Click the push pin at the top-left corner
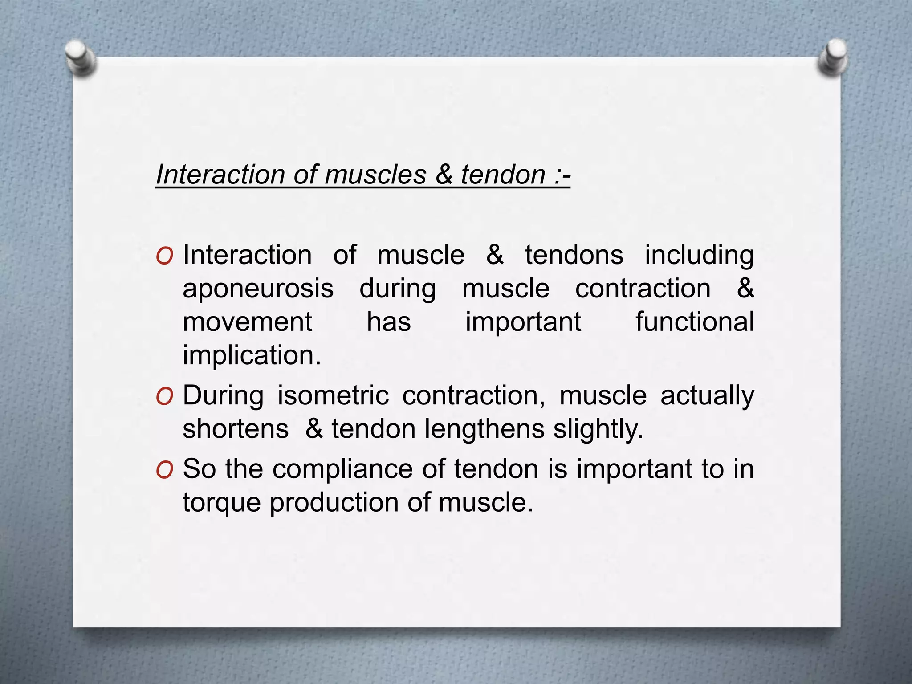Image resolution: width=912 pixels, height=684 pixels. click(x=80, y=58)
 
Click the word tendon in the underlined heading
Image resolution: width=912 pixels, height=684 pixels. click(x=503, y=174)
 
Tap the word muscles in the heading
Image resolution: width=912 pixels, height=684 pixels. click(x=375, y=174)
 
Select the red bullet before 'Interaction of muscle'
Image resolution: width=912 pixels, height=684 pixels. click(x=164, y=256)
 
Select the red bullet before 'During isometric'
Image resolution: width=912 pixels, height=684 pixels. click(x=164, y=397)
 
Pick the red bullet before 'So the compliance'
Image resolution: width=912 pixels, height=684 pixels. click(x=164, y=470)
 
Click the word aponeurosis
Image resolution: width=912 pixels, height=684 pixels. click(x=258, y=289)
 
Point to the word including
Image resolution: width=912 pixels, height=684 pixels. click(x=699, y=256)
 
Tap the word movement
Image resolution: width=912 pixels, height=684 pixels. click(x=247, y=322)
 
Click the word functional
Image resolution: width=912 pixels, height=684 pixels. click(x=694, y=322)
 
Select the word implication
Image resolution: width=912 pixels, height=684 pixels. click(x=252, y=356)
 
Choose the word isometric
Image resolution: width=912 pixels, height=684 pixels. click(x=333, y=395)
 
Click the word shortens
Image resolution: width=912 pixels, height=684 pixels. click(x=236, y=429)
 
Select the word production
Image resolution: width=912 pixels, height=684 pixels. click(x=334, y=503)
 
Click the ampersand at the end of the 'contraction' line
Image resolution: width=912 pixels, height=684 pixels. click(x=745, y=289)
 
